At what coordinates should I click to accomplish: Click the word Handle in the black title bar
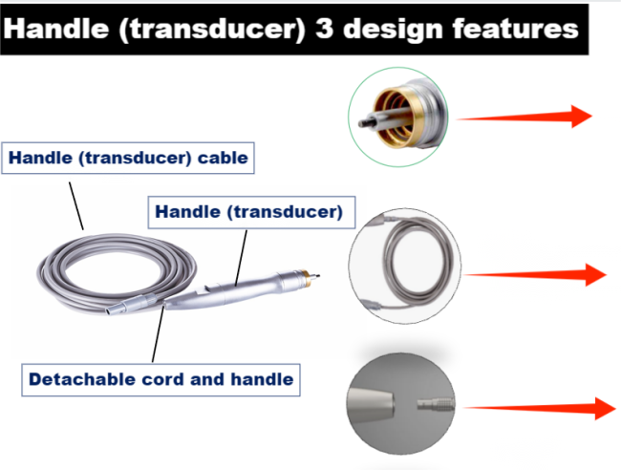point(55,29)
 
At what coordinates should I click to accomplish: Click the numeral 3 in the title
point(324,29)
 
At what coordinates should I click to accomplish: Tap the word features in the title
point(515,29)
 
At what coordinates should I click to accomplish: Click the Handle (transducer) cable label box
point(128,158)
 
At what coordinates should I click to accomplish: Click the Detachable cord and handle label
point(161,379)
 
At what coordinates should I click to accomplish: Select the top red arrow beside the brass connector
point(524,117)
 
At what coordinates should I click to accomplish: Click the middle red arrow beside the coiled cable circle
point(535,274)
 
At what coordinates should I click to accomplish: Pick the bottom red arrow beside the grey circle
point(540,408)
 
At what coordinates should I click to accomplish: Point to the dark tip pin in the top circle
point(365,123)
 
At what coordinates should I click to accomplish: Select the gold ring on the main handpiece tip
point(305,277)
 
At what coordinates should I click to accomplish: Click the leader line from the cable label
point(76,206)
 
